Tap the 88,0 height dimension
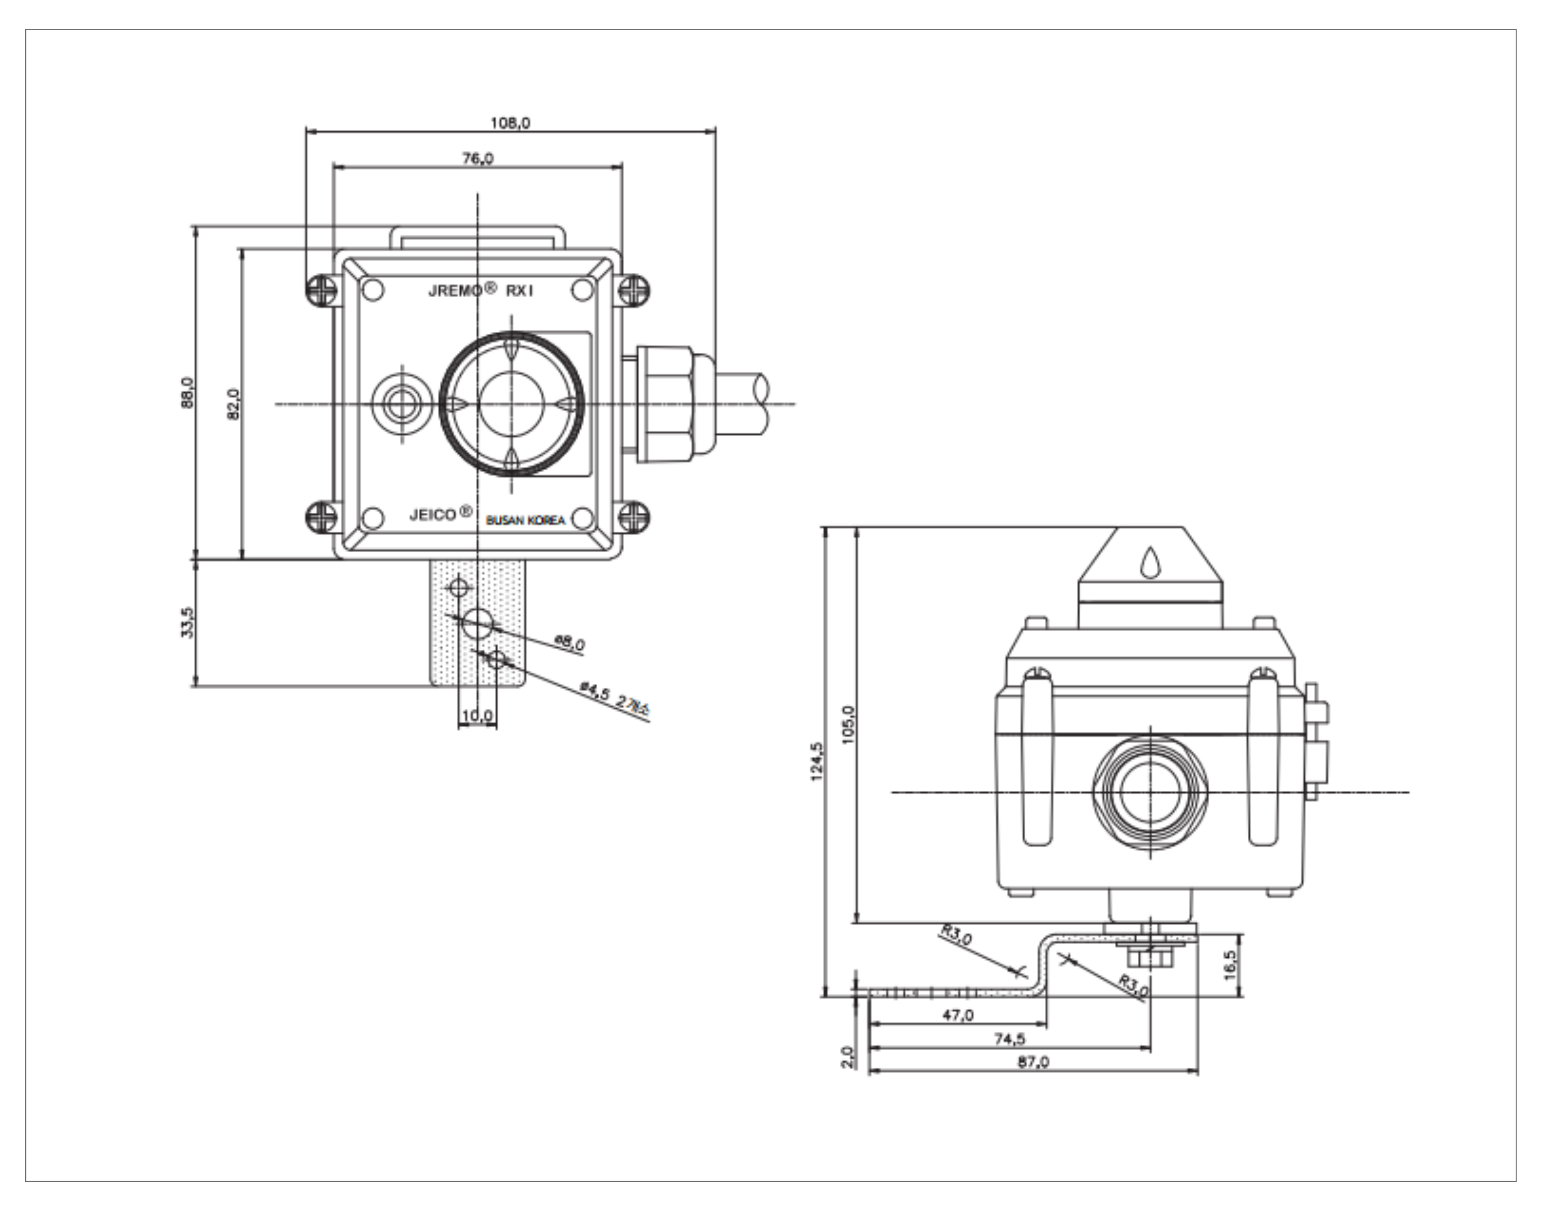pyautogui.click(x=186, y=392)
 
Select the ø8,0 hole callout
pyautogui.click(x=569, y=643)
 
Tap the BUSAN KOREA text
pyautogui.click(x=526, y=520)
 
